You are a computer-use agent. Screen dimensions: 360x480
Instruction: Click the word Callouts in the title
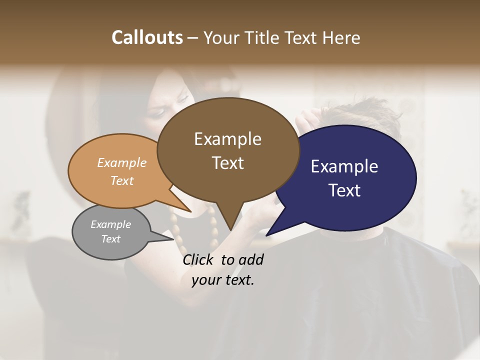pyautogui.click(x=147, y=37)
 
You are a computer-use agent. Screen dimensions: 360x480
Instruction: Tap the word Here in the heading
pyautogui.click(x=342, y=37)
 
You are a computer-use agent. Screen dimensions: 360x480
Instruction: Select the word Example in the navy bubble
pyautogui.click(x=344, y=166)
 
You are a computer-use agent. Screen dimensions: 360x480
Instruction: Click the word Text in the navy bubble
pyautogui.click(x=344, y=190)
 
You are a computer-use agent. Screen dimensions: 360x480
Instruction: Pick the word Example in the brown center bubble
pyautogui.click(x=227, y=139)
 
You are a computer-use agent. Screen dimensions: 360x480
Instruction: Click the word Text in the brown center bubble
pyautogui.click(x=227, y=163)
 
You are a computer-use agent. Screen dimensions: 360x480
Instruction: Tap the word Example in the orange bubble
pyautogui.click(x=122, y=163)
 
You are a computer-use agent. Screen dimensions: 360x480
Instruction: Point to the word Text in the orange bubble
pyautogui.click(x=122, y=180)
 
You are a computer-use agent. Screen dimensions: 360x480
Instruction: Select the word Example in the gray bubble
pyautogui.click(x=110, y=224)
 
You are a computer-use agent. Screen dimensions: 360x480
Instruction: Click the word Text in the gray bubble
pyautogui.click(x=110, y=239)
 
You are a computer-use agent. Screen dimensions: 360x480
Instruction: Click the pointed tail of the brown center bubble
pyautogui.click(x=230, y=229)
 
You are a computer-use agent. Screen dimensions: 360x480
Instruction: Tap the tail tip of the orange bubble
pyautogui.click(x=190, y=211)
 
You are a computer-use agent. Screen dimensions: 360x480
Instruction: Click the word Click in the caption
pyautogui.click(x=198, y=260)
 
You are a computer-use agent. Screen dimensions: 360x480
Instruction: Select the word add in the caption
pyautogui.click(x=251, y=260)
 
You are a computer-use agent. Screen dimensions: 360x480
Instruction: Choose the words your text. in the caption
pyautogui.click(x=223, y=280)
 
